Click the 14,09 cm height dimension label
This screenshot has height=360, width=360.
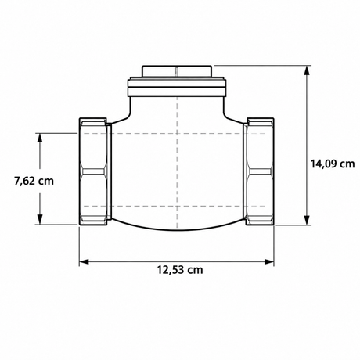333,164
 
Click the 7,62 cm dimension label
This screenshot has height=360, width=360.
34,181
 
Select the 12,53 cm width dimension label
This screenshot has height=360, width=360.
180,270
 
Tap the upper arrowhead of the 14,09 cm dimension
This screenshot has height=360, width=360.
308,70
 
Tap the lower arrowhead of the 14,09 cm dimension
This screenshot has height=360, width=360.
308,220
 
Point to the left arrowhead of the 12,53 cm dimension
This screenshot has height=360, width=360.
84,261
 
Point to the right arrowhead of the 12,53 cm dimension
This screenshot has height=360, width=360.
269,261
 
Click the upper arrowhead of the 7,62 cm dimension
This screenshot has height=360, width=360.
40,138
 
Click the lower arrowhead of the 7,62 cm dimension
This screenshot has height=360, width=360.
40,219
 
